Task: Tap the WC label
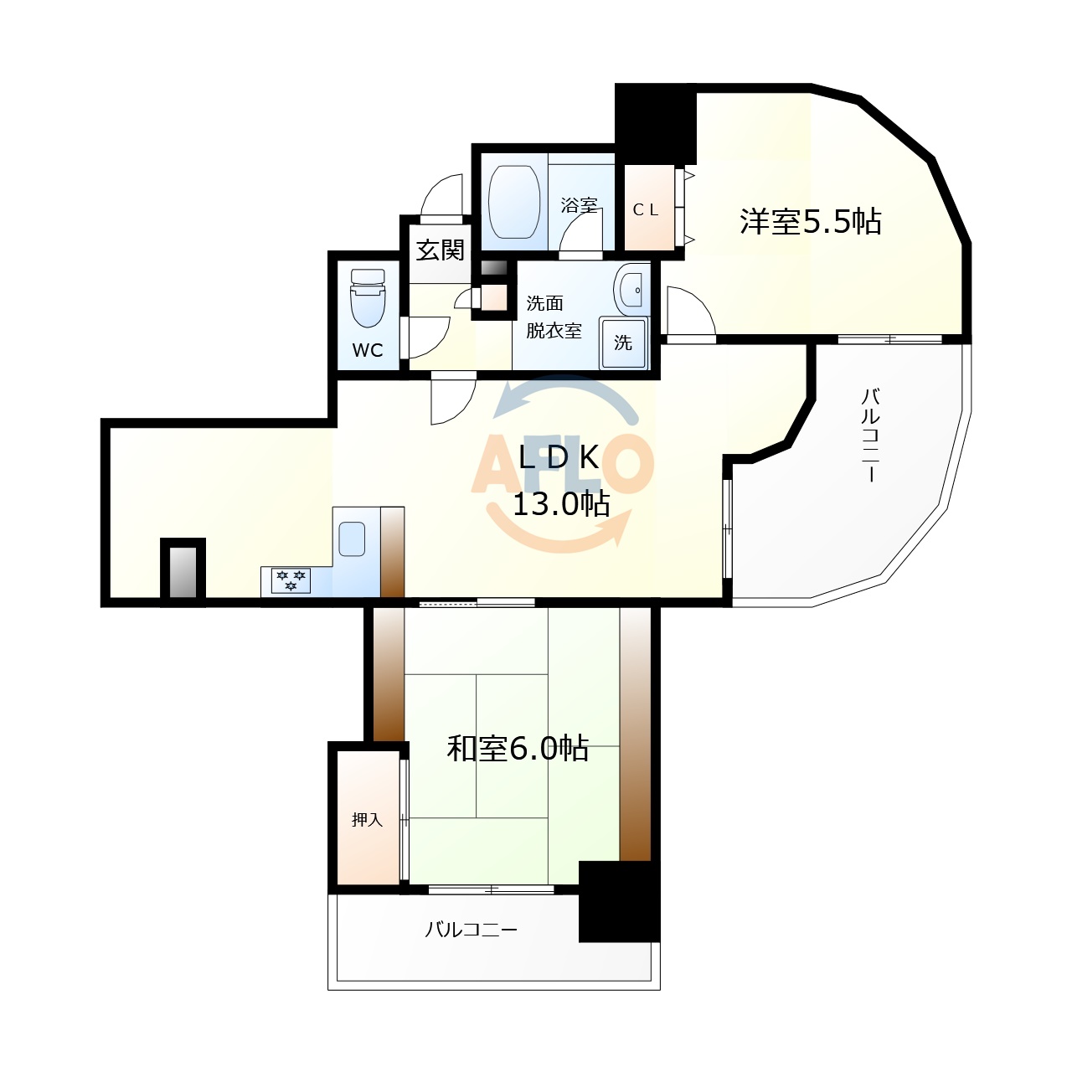pos(368,350)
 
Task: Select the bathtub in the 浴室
pos(513,201)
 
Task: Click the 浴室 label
pos(579,204)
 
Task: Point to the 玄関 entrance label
pos(440,250)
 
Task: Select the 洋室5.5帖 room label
pos(810,222)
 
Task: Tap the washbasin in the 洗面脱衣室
pos(631,289)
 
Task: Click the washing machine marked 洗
pos(623,343)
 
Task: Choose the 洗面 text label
pos(544,303)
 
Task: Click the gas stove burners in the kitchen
pos(291,580)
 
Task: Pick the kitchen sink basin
pos(352,539)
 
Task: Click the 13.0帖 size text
pos(560,504)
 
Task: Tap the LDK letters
pos(559,457)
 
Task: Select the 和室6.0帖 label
pos(518,748)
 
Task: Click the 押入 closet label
pos(367,820)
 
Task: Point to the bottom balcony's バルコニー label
pos(471,930)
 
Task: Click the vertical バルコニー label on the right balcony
pos(870,435)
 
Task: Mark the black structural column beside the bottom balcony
pos(618,902)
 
